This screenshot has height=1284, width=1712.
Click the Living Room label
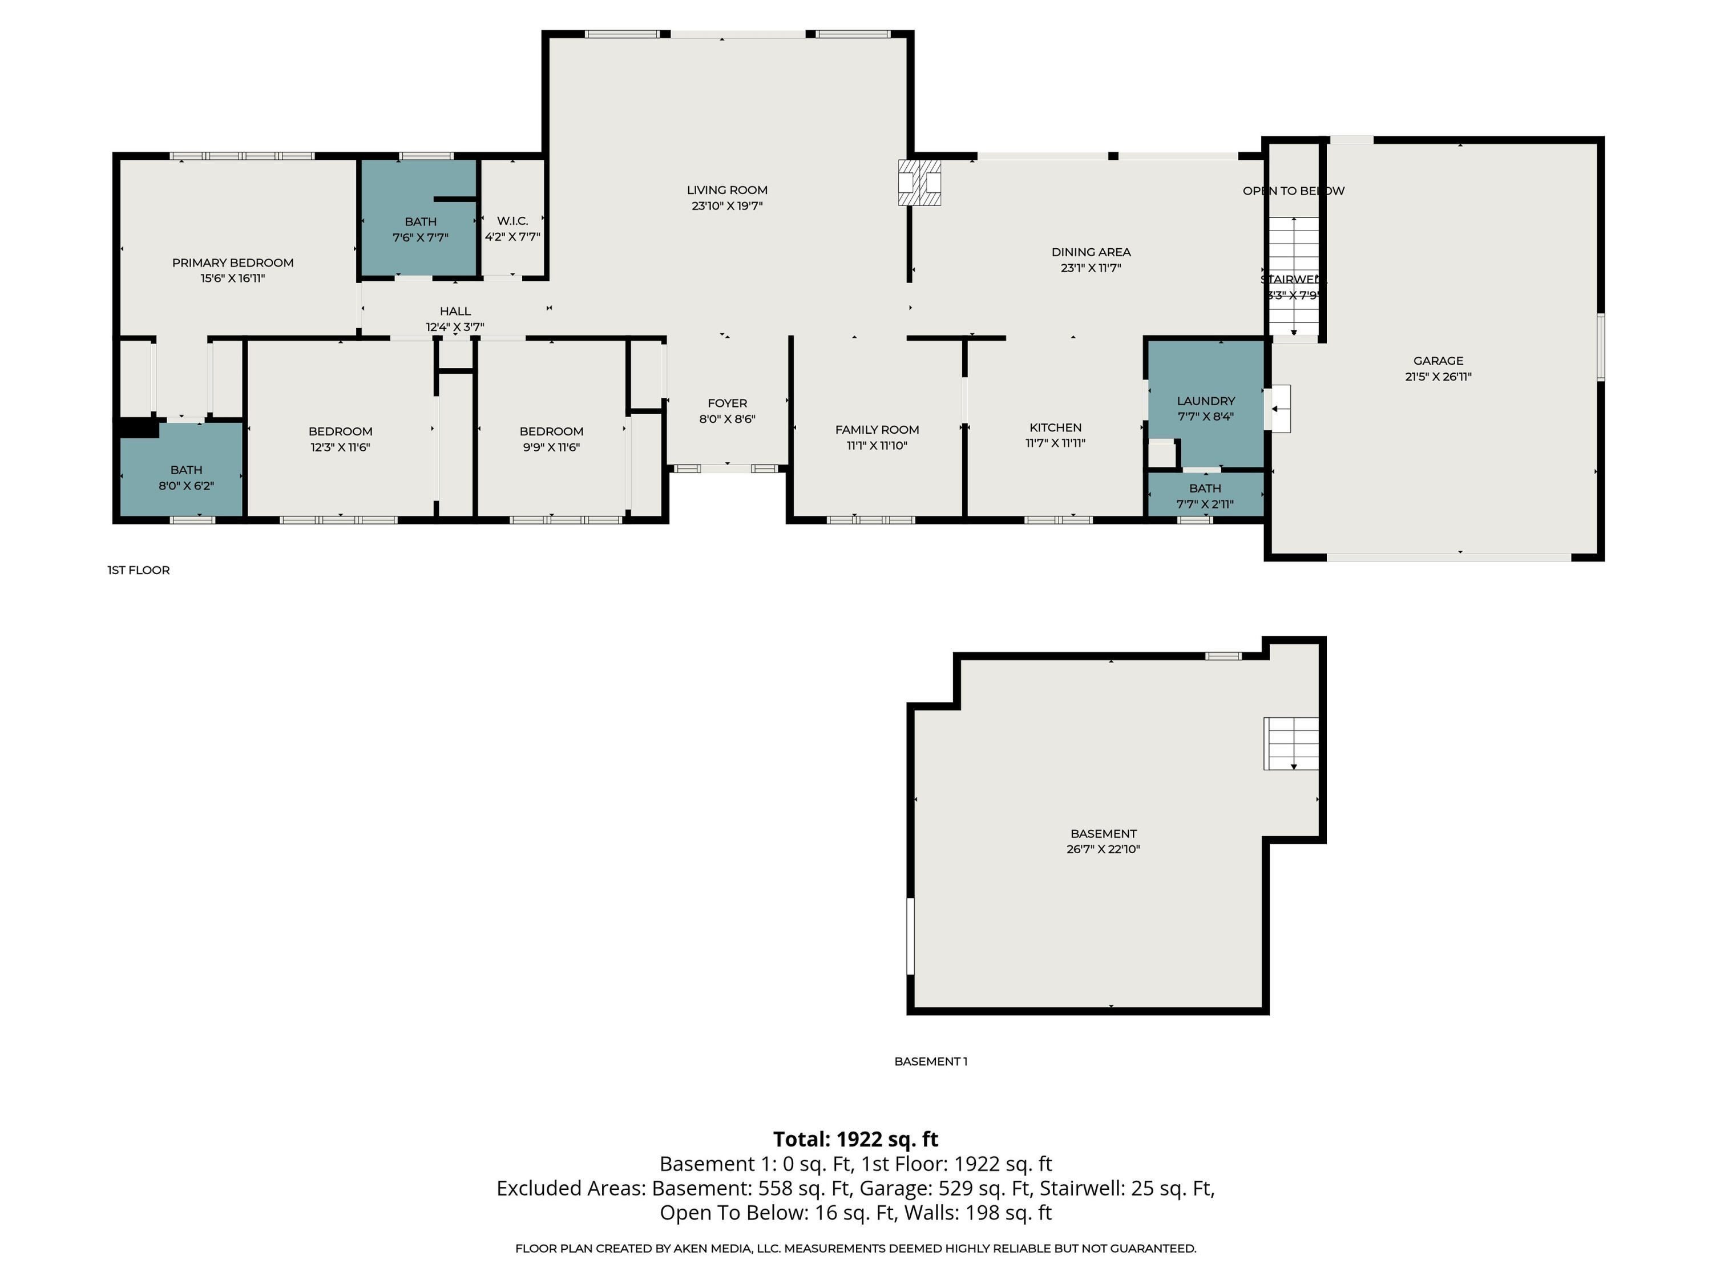pos(727,189)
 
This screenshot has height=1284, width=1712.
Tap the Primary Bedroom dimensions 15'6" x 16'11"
pos(232,278)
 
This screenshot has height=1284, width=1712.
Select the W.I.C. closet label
pos(512,221)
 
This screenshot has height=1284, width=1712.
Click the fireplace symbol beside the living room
pos(919,183)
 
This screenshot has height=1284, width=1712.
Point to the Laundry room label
pos(1205,401)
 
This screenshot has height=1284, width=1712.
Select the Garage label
pos(1438,361)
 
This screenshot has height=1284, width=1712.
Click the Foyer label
pos(727,403)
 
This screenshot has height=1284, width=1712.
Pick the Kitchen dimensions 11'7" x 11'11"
pos(1055,443)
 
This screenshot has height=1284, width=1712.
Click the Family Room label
pos(877,430)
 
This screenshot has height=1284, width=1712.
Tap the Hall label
pos(455,311)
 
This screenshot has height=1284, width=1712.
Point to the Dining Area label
pos(1091,252)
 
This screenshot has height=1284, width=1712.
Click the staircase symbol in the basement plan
pos(1291,744)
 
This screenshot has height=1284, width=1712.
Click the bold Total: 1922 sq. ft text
pos(855,1139)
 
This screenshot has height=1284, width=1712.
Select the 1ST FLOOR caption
pos(139,571)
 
